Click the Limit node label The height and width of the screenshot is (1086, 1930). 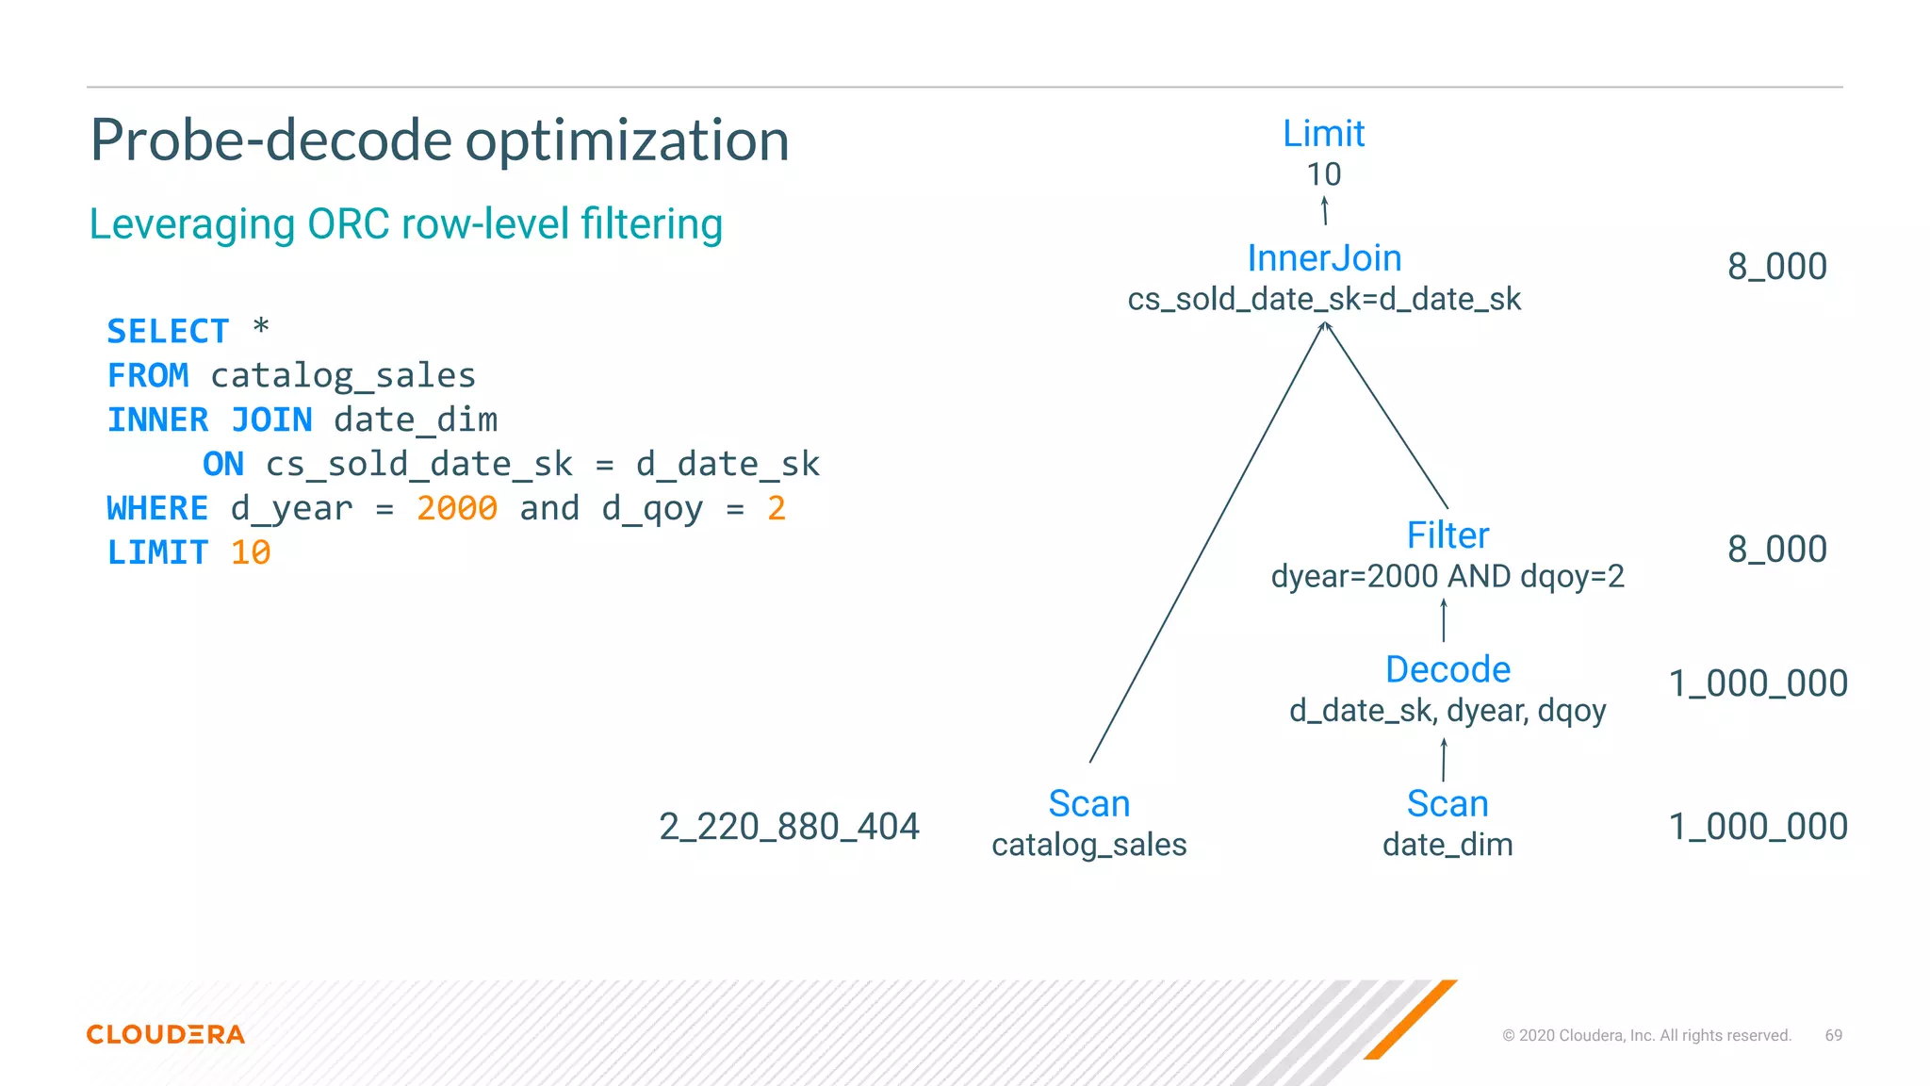(1323, 134)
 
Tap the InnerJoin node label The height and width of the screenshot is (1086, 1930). (1324, 258)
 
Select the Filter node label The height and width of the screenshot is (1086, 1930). (1447, 535)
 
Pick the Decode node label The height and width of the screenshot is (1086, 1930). (1447, 669)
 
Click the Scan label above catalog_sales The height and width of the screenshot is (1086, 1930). (1088, 804)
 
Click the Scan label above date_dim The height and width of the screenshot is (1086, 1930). (1447, 804)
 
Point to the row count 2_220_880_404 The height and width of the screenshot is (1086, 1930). (789, 827)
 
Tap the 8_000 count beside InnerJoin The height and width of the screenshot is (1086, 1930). (1776, 267)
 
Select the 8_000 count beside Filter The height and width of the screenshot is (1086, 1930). (1776, 550)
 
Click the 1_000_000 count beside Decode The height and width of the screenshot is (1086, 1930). (1758, 683)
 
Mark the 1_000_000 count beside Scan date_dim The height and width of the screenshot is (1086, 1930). (1758, 827)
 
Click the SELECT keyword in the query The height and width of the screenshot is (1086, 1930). (168, 332)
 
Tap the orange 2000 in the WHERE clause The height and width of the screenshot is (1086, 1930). (457, 509)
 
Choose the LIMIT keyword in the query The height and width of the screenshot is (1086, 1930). (157, 552)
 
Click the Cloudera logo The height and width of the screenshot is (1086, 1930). (166, 1034)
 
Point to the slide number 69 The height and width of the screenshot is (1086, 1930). (1833, 1035)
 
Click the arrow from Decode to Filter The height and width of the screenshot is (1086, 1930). (1444, 620)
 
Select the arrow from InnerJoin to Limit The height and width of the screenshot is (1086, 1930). (1324, 210)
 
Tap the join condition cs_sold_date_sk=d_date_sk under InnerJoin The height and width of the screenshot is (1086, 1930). (1324, 300)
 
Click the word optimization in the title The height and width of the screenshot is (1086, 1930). (627, 140)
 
